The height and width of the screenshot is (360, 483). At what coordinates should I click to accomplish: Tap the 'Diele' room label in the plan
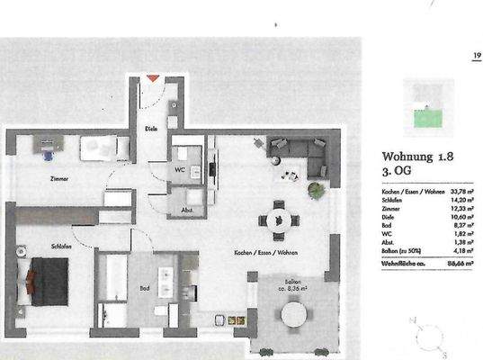[x=151, y=129]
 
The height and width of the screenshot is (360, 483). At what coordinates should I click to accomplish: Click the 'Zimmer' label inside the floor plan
[x=58, y=179]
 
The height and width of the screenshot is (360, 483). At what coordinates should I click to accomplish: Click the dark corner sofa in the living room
[x=302, y=153]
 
